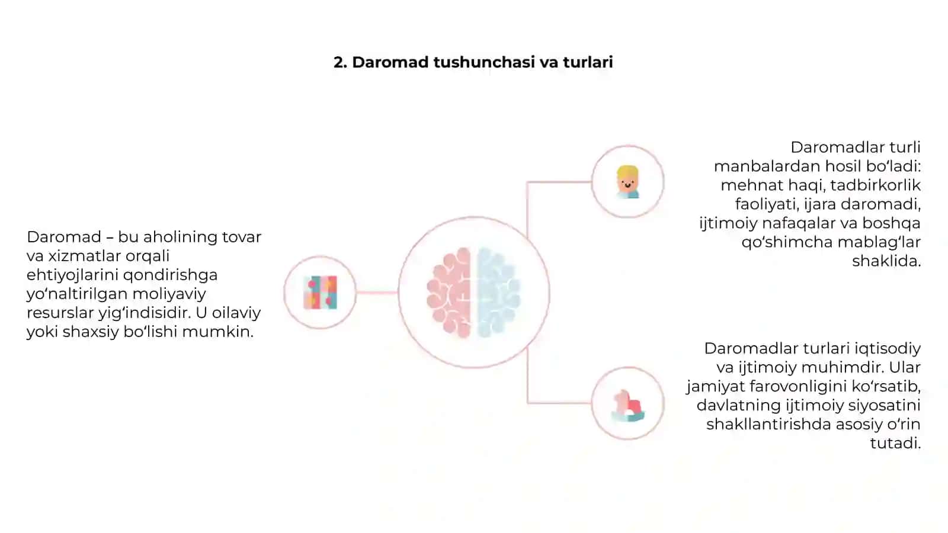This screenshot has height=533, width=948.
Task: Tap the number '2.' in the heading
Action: click(x=340, y=62)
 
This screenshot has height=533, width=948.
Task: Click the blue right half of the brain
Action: click(x=498, y=293)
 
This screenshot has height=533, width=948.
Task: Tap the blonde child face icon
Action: click(x=627, y=182)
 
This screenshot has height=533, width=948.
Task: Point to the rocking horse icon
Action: click(x=627, y=405)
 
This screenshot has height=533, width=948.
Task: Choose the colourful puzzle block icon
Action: click(x=320, y=293)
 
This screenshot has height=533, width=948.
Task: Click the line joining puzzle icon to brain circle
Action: click(x=377, y=293)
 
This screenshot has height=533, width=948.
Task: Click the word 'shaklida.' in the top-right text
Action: click(x=886, y=261)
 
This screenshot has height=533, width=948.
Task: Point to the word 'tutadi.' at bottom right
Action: click(x=895, y=444)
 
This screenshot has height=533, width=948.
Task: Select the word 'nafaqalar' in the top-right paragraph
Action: click(x=808, y=223)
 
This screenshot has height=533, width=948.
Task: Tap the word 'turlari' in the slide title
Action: click(x=588, y=62)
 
